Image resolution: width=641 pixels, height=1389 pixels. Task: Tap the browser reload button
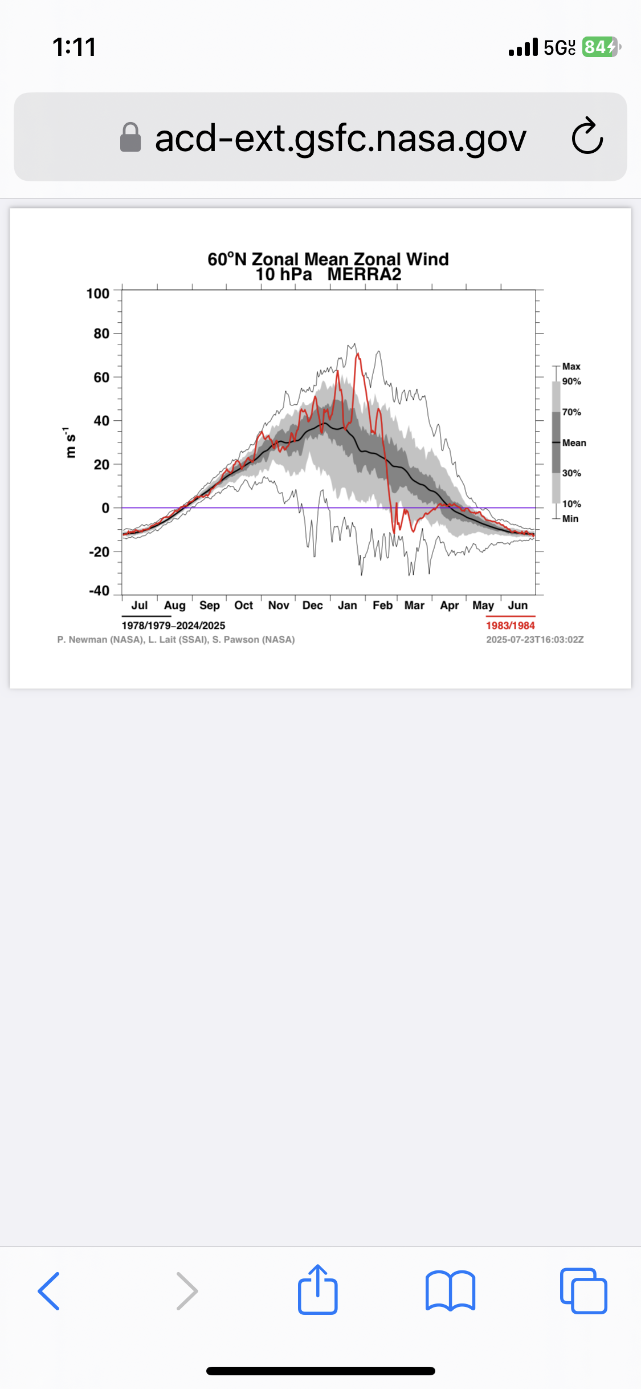point(587,137)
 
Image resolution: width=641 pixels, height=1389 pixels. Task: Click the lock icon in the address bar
point(130,137)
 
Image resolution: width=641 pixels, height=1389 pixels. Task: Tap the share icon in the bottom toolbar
point(318,1290)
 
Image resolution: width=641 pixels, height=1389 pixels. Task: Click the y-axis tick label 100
point(98,294)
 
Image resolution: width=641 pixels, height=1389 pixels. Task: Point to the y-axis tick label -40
point(99,591)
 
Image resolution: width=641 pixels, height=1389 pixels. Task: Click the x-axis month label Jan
point(347,606)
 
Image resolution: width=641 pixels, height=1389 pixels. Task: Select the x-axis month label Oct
point(243,606)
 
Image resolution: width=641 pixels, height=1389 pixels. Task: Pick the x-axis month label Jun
point(517,606)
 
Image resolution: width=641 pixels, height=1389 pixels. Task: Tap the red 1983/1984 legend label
point(510,626)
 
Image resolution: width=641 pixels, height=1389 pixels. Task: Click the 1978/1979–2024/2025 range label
point(173,626)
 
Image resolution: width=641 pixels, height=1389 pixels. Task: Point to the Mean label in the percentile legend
point(574,443)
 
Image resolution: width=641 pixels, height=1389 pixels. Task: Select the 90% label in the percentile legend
point(571,381)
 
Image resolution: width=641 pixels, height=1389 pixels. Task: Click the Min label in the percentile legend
point(570,519)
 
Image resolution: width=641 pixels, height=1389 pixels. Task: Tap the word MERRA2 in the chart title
point(364,275)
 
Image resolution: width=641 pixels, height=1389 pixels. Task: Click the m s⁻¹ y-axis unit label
point(70,442)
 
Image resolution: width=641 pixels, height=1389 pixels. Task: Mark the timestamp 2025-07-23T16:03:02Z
point(534,640)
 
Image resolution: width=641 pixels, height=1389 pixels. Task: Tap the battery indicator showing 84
point(600,47)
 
